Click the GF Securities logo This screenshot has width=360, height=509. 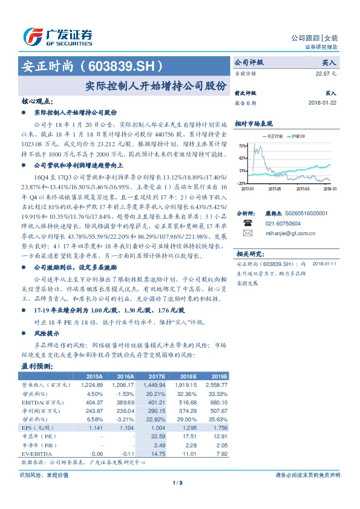pyautogui.click(x=58, y=37)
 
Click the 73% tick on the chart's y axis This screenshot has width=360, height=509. pyautogui.click(x=242, y=146)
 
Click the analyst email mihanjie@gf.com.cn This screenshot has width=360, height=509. pyautogui.click(x=283, y=232)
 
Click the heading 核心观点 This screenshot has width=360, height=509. pyautogui.click(x=36, y=100)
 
